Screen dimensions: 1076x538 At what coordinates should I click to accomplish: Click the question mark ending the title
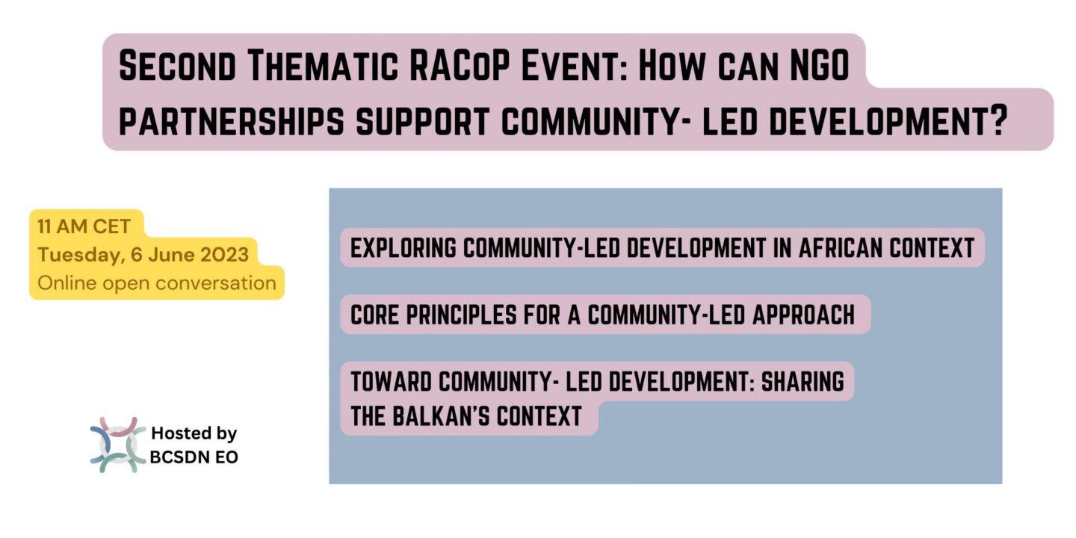point(998,120)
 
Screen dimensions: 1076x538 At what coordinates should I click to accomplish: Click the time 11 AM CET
point(84,226)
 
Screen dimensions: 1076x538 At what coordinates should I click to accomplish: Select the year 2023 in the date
point(225,254)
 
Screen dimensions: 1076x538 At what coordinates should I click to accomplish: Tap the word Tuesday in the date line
point(79,255)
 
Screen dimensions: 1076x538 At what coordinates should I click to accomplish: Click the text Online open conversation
point(157,283)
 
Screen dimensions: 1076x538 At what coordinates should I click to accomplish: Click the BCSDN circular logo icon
point(118,445)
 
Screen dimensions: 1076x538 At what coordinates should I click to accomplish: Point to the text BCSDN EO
point(194,457)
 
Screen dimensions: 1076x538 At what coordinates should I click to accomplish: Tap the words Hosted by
point(194,433)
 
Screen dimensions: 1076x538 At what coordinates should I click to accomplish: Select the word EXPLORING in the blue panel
point(403,248)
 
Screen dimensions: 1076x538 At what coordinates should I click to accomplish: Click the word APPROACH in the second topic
point(803,315)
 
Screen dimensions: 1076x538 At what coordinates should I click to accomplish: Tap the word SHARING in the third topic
point(803,381)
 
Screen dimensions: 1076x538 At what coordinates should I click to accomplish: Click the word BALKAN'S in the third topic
point(439,416)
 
